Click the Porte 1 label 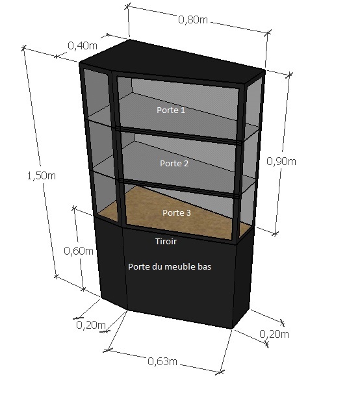click(171, 110)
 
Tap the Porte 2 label click(174, 164)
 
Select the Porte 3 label click(177, 213)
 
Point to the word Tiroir click(166, 242)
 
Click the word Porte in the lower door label click(136, 267)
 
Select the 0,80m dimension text click(193, 19)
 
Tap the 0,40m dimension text click(83, 45)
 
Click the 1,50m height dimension click(42, 176)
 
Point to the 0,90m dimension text click(281, 162)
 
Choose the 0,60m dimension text click(79, 251)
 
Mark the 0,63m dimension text click(162, 361)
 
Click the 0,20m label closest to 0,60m click(91, 325)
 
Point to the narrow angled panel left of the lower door click(111, 263)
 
